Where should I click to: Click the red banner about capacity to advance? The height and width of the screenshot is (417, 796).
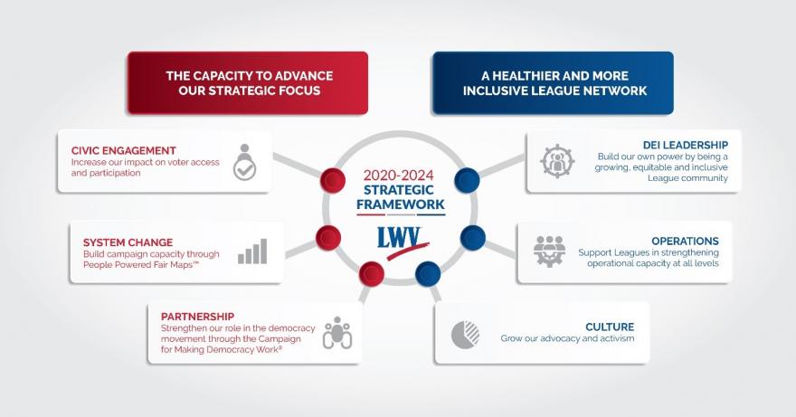coord(247,83)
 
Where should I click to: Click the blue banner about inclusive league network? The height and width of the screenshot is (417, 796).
coord(553,83)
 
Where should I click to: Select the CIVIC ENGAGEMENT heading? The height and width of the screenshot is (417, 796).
coord(123,150)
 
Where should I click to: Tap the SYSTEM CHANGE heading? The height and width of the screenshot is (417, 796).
coord(117,243)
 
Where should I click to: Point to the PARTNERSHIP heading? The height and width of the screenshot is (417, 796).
coord(197,317)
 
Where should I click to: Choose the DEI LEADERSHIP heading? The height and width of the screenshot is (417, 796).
coord(685,145)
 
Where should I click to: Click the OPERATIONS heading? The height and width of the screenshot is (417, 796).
coord(687,242)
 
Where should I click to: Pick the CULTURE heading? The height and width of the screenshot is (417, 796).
coord(610,327)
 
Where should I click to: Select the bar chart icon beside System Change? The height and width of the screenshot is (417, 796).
coord(252,251)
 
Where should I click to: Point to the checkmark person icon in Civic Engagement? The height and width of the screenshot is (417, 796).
coord(245,161)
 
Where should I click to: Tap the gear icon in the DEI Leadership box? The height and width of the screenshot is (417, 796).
coord(557,160)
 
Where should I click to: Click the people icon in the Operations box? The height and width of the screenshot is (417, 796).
coord(549,250)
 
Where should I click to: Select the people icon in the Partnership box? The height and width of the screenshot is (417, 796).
coord(336,332)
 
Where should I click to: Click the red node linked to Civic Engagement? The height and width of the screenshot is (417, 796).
coord(334,179)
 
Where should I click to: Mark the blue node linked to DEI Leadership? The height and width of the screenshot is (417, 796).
coord(467,179)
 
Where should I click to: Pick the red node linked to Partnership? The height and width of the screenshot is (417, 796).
coord(371,272)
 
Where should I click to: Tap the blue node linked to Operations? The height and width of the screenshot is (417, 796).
coord(473,238)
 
